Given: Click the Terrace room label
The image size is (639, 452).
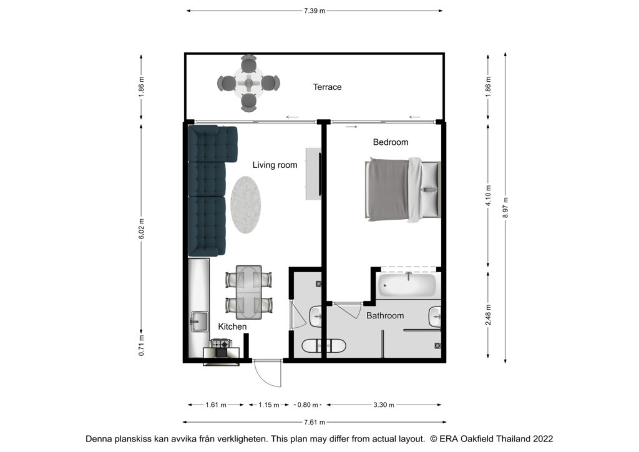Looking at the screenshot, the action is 327,87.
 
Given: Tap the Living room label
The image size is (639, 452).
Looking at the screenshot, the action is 275,165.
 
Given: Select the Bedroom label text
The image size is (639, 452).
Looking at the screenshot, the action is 391,142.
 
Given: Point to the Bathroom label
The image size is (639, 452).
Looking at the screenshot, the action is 385,315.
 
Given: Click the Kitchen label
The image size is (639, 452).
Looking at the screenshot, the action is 232,327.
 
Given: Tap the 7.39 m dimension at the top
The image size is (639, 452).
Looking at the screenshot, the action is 315,11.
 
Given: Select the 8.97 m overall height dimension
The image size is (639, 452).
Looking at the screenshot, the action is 505,207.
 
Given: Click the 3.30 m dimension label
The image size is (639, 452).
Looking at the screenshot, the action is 384,405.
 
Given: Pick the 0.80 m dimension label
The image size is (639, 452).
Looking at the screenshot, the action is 308,405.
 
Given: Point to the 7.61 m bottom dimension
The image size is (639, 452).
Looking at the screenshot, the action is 315,422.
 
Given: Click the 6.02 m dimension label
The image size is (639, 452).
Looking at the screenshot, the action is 142,229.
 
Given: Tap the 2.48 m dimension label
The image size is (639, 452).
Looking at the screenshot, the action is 488,315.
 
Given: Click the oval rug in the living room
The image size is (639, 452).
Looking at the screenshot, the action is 245,205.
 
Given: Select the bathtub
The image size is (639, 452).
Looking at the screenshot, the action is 407,285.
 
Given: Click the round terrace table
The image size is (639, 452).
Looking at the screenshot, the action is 248,83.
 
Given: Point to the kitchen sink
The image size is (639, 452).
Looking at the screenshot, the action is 199,322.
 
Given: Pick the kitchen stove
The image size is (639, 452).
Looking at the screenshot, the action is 220,343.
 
